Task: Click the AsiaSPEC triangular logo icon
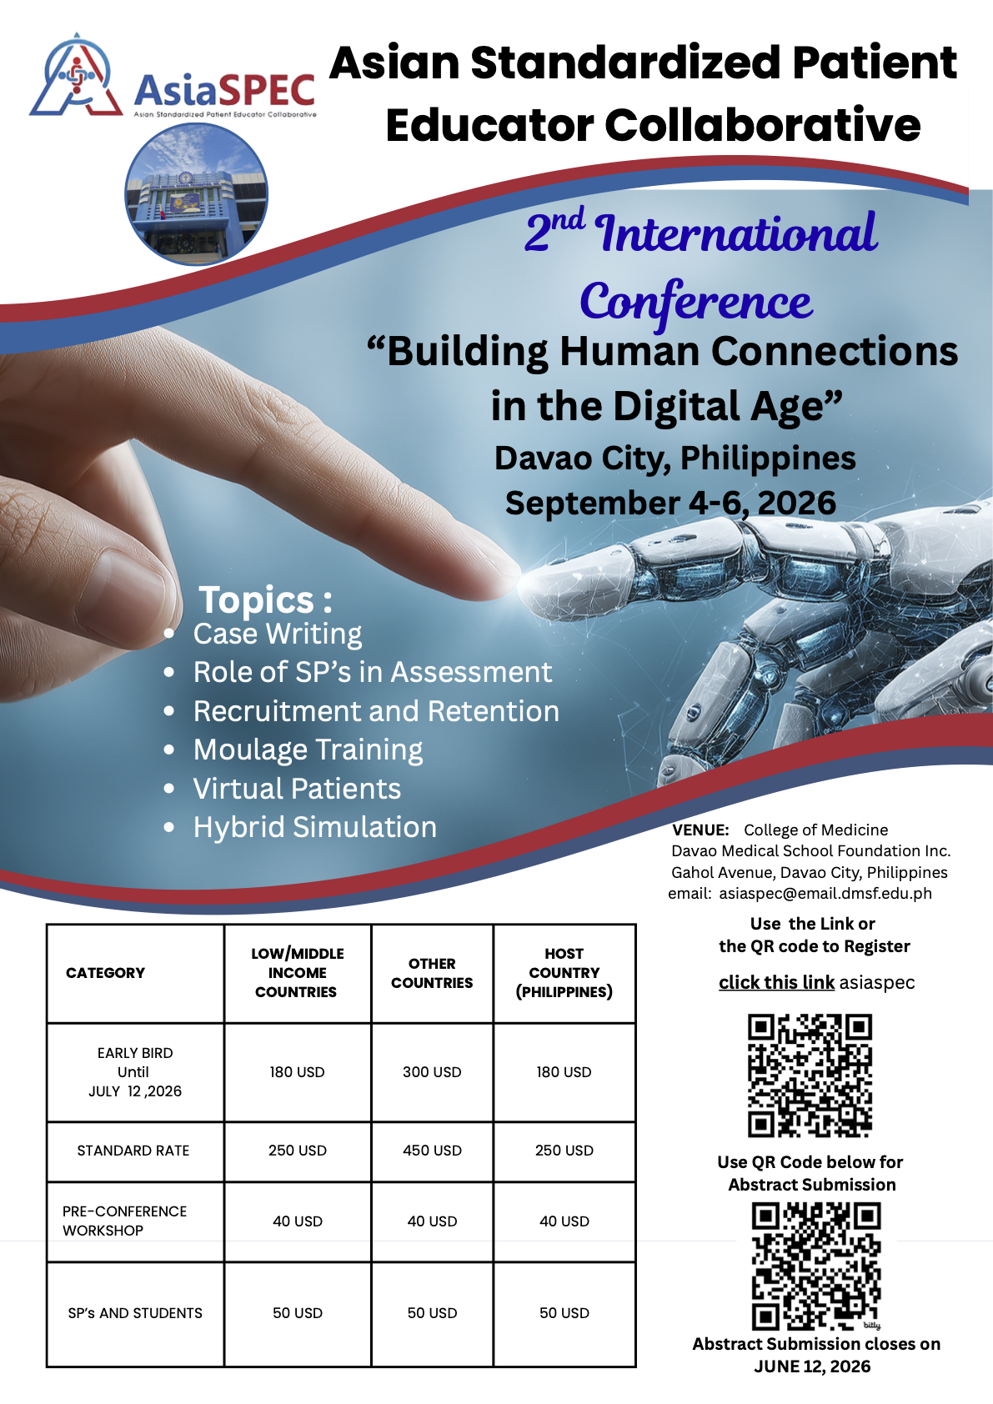(76, 75)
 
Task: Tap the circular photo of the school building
(196, 193)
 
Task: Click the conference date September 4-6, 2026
(671, 504)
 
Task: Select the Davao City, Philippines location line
(675, 459)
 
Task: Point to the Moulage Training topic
(308, 750)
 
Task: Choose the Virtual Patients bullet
(297, 789)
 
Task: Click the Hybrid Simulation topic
(314, 827)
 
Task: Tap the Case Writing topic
(277, 634)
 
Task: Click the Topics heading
(265, 599)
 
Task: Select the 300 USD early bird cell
(432, 1072)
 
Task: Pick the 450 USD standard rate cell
(432, 1151)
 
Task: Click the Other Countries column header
(432, 973)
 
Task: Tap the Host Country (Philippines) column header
(564, 973)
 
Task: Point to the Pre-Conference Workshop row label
(124, 1221)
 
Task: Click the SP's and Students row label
(135, 1313)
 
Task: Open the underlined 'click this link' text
(776, 982)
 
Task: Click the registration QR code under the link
(810, 1076)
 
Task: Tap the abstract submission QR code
(815, 1266)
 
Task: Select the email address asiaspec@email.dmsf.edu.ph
(825, 893)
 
